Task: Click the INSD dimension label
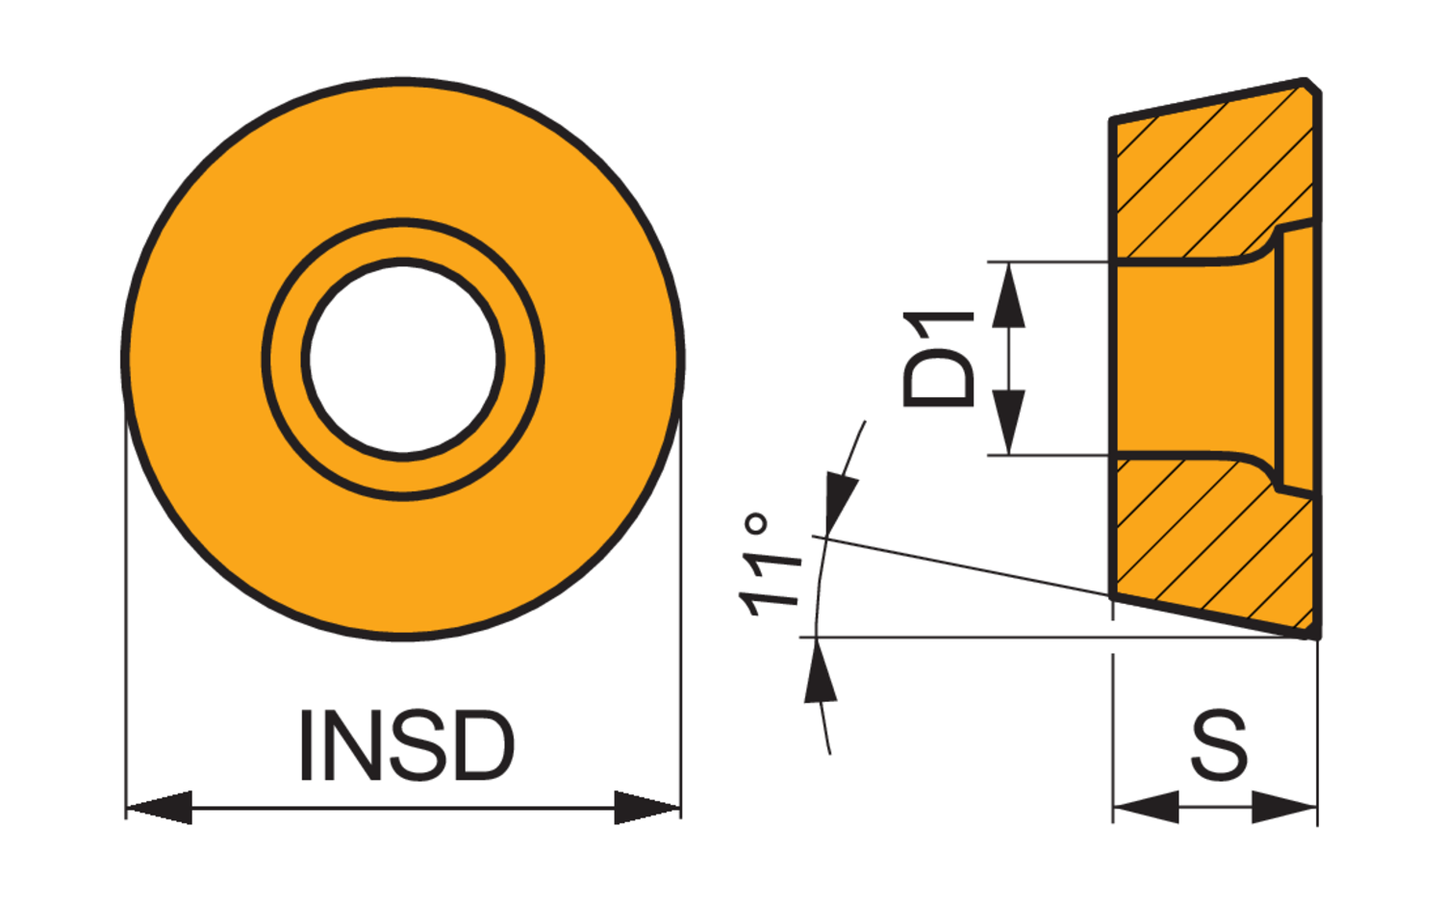coord(407,746)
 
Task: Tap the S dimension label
coord(1219,745)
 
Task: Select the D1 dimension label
coord(939,359)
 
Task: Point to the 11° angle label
coord(770,564)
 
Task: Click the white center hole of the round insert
coord(403,360)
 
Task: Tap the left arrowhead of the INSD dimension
coord(159,807)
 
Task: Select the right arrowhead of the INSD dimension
coord(647,807)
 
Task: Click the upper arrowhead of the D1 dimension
coord(1009,294)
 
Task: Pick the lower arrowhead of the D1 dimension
coord(1009,422)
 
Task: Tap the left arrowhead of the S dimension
coord(1146,807)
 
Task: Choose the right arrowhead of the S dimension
coord(1284,807)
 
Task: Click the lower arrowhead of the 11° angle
coord(820,669)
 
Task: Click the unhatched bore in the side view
coord(1195,358)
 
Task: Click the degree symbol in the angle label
coord(755,523)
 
